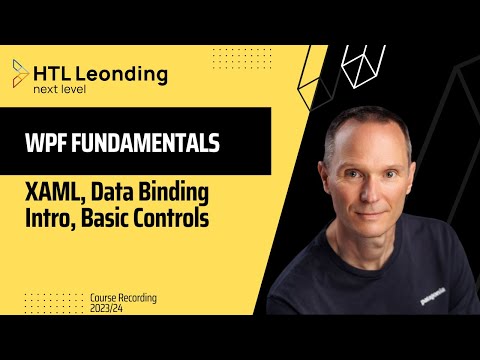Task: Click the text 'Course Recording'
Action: point(123,298)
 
